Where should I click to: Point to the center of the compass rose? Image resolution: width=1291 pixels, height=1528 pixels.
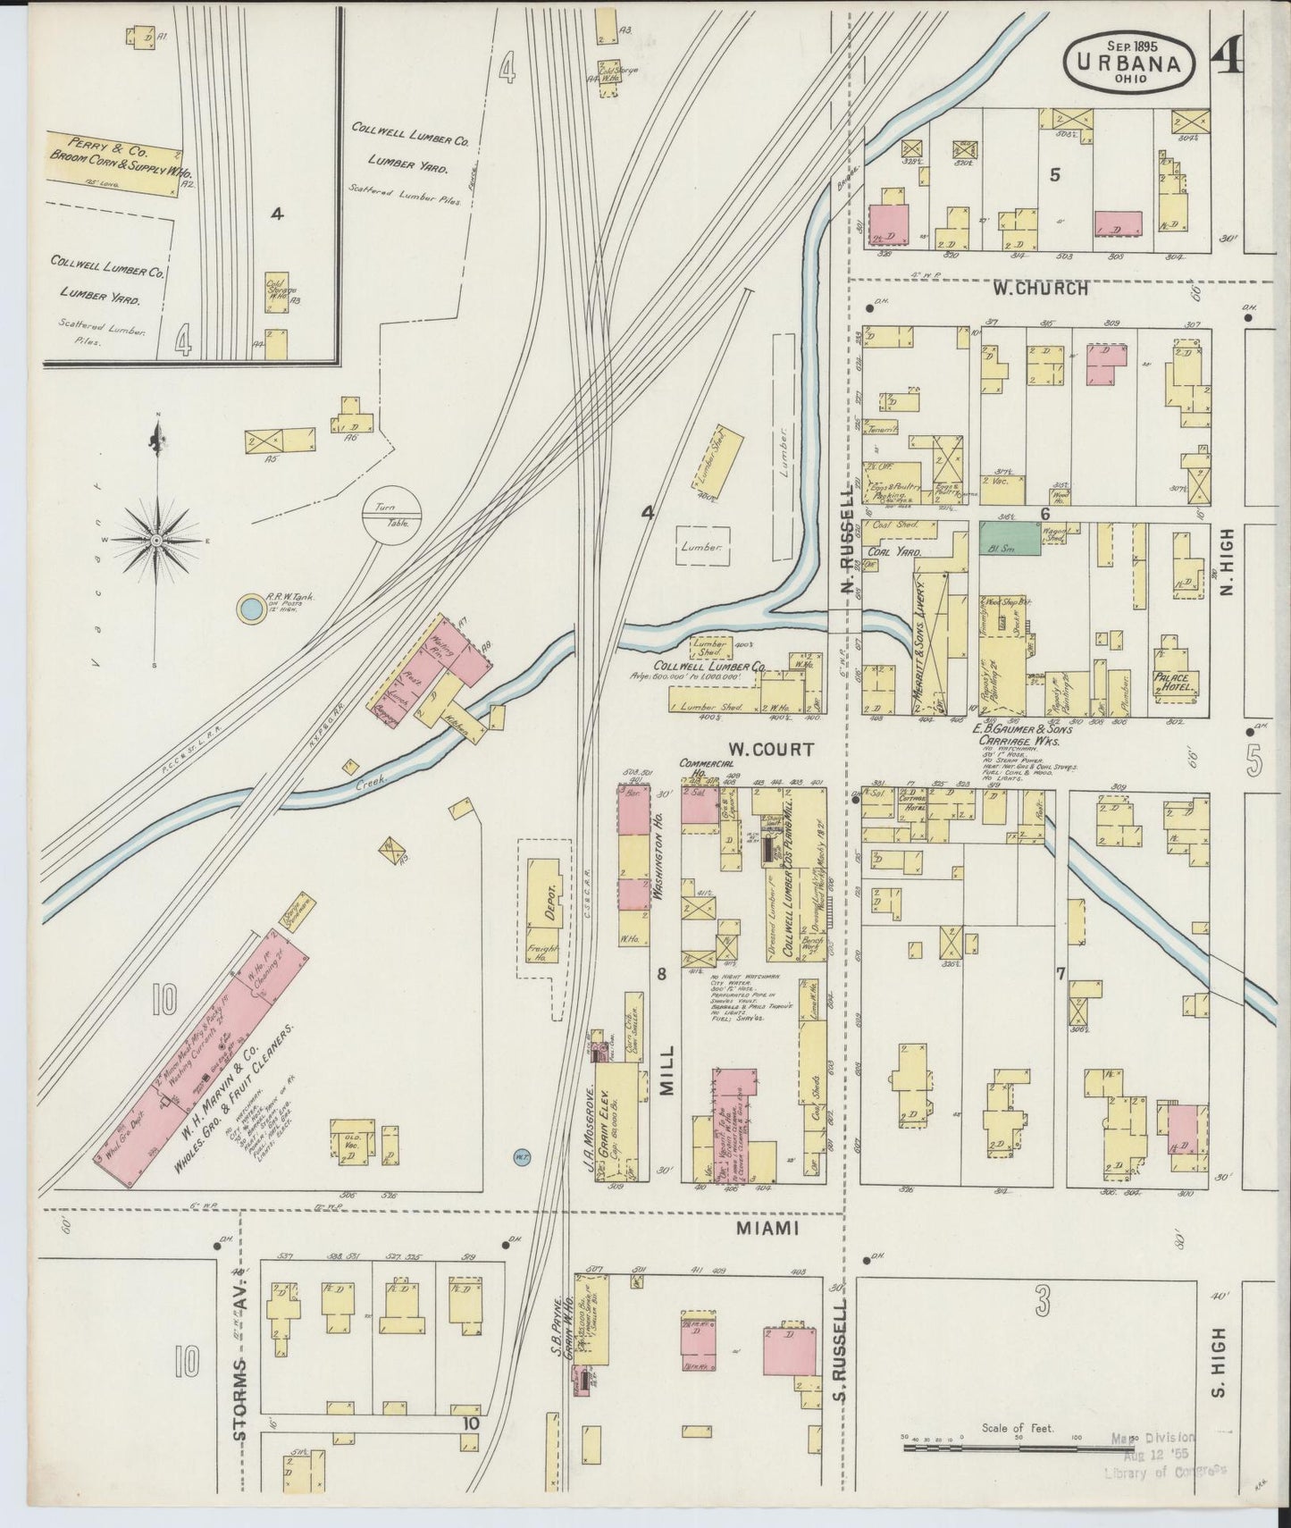coord(156,541)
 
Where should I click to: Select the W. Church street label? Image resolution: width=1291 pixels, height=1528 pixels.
coord(1039,289)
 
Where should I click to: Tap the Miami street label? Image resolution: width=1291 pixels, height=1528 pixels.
coord(766,1230)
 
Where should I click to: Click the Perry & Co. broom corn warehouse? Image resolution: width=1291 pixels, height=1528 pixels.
coord(113,161)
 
